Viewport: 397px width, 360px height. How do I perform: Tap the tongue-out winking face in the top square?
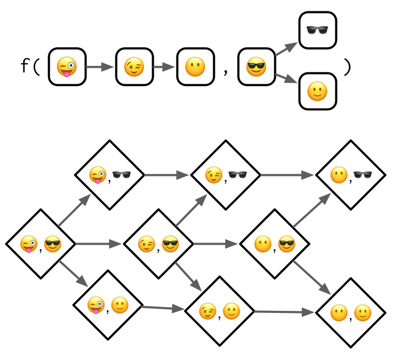pos(67,67)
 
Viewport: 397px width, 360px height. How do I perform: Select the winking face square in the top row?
pos(134,67)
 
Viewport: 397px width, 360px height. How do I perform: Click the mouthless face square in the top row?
pos(196,67)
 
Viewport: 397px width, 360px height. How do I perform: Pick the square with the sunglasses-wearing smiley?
pos(256,67)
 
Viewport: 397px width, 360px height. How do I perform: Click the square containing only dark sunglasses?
pos(318,30)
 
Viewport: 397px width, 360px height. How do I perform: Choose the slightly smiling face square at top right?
pos(318,91)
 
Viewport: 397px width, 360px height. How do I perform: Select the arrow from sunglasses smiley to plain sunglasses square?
pos(286,49)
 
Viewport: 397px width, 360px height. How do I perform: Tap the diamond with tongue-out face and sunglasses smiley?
pos(41,244)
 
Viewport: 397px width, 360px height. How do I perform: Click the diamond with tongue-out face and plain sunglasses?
pos(110,175)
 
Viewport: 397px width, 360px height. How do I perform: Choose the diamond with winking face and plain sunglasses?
pos(226,175)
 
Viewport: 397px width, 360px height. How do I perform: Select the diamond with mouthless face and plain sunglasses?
pos(350,175)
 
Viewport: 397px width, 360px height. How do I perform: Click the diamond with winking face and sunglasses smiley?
pos(158,244)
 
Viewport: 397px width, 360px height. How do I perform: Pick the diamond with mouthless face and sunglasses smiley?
pos(274,244)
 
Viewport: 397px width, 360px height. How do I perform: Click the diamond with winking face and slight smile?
pos(219,311)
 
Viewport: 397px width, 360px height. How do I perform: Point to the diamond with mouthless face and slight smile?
pos(350,313)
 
